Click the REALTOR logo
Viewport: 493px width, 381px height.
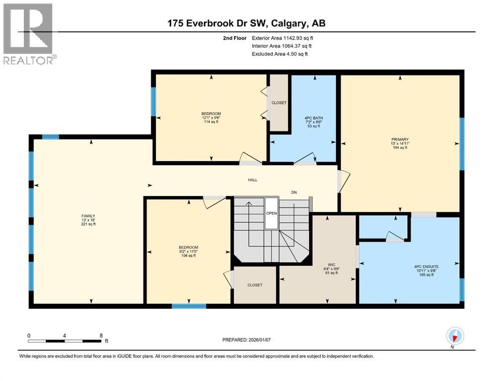click(28, 33)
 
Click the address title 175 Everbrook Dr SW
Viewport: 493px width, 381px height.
click(246, 23)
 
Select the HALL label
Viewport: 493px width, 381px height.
click(253, 180)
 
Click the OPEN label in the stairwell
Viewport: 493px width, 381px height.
click(272, 213)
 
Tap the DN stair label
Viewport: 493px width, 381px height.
click(294, 192)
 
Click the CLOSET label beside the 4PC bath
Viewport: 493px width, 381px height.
click(279, 103)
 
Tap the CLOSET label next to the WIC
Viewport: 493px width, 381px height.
click(255, 285)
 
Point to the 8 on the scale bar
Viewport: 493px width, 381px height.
click(101, 335)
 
